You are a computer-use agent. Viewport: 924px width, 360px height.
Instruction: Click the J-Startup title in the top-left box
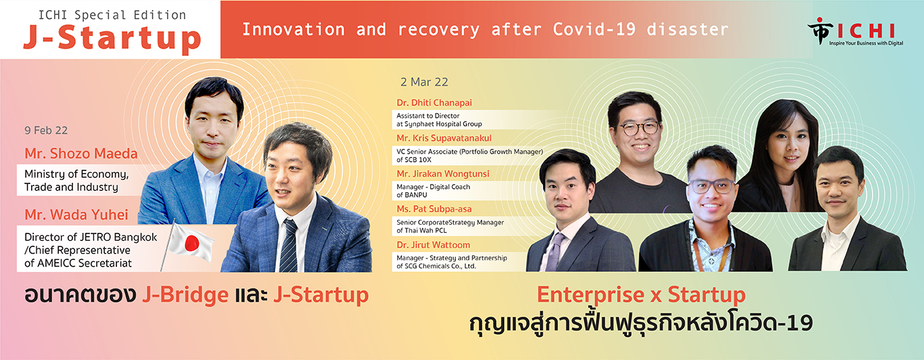coord(112,39)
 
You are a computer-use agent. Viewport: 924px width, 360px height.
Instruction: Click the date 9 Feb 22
coord(45,131)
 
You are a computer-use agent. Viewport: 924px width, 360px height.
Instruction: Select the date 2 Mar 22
coord(424,82)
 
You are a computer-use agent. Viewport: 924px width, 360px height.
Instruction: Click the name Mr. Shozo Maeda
coord(80,154)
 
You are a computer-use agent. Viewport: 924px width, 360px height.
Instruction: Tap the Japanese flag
coord(191,243)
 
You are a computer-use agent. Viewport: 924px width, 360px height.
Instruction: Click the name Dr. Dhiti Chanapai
coord(434,103)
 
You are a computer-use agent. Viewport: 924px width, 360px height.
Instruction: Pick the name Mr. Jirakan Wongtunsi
coord(443,174)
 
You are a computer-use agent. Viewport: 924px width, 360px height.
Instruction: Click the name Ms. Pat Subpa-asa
coord(433,209)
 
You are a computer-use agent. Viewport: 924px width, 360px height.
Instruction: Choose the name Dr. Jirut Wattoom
coord(433,244)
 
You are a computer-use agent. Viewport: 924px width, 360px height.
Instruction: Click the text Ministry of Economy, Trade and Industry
coord(76,180)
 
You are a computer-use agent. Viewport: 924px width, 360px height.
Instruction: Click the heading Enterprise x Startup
coord(641,295)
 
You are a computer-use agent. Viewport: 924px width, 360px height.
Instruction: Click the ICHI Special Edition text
coord(112,14)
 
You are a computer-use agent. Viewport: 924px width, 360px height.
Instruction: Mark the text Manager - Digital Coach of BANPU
coord(433,190)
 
